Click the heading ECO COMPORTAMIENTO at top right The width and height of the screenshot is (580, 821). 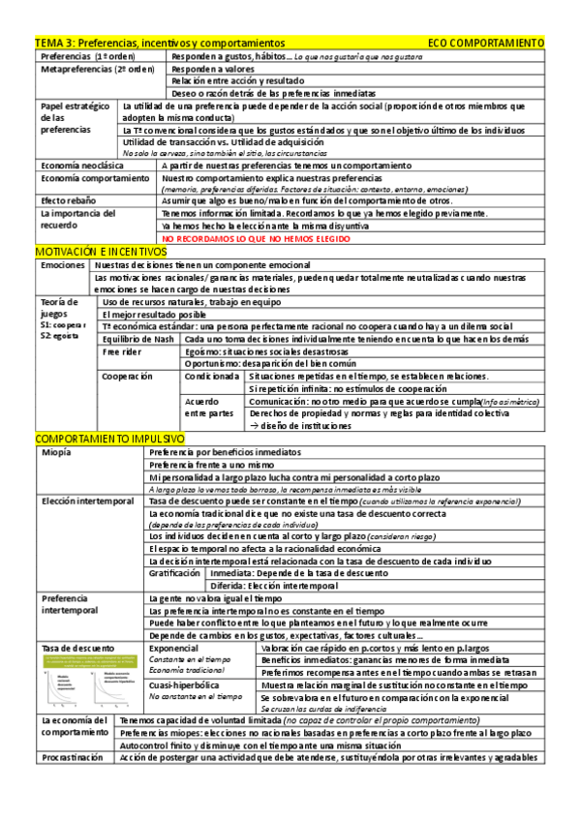coord(485,44)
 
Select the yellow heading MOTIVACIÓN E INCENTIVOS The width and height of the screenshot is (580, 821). coord(100,252)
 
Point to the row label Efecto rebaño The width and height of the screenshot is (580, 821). coord(68,200)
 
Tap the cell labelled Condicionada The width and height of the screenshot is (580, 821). coord(212,376)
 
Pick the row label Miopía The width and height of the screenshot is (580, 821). coord(56,452)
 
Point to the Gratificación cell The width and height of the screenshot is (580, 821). coord(174,573)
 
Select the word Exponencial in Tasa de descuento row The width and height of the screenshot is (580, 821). coord(174,648)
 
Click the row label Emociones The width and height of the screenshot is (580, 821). coord(63,264)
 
